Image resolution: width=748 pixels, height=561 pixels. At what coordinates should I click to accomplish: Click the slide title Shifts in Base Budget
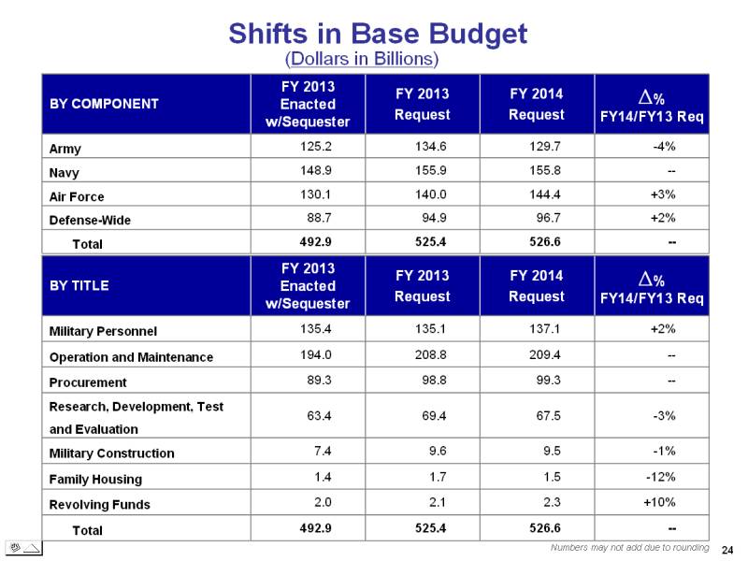(378, 34)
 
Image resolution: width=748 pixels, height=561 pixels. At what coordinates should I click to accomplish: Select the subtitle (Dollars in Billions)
(362, 59)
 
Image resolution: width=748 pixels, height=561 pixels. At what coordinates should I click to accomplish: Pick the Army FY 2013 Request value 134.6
(430, 146)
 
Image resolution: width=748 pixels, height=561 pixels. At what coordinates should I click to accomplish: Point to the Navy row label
(64, 172)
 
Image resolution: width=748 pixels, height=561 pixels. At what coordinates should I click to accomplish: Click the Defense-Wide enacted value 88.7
(319, 218)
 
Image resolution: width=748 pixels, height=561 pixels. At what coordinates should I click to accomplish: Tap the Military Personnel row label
(103, 331)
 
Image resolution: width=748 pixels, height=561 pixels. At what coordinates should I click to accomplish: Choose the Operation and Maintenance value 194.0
(315, 354)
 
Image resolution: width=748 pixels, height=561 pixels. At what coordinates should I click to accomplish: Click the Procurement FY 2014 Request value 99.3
(548, 380)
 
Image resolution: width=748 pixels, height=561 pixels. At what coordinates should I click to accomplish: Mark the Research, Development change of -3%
(664, 415)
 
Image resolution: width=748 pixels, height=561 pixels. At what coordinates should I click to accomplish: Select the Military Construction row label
(111, 453)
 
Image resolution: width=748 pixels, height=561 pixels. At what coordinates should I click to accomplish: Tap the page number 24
(727, 550)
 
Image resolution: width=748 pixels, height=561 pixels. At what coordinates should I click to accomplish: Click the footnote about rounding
(629, 548)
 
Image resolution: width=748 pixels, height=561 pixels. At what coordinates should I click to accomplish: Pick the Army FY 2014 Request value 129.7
(545, 146)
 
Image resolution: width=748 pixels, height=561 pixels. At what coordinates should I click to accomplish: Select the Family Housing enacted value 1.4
(323, 477)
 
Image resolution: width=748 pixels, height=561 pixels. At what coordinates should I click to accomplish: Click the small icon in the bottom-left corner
(24, 548)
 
